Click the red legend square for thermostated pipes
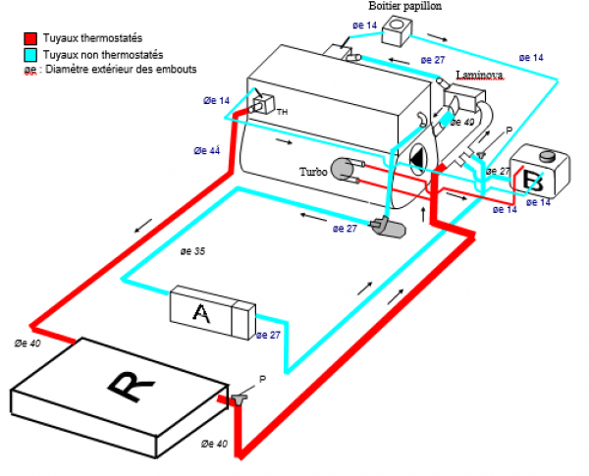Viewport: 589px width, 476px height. pos(30,38)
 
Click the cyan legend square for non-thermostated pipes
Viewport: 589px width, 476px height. pos(30,55)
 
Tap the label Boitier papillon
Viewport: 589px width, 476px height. pos(404,6)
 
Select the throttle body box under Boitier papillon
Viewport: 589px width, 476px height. pos(397,30)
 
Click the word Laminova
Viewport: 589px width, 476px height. pos(480,75)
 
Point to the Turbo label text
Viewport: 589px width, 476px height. pos(313,172)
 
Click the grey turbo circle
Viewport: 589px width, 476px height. pos(343,169)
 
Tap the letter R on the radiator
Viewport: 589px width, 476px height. pos(132,387)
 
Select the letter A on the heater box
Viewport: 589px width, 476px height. pos(201,313)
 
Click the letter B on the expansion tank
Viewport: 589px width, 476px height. pos(533,182)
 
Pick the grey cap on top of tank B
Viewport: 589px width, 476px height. pos(548,155)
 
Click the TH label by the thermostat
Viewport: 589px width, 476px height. pos(282,112)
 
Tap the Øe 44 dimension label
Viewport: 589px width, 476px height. pos(207,151)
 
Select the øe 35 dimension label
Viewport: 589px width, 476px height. pos(192,251)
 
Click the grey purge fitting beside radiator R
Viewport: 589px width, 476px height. pos(239,399)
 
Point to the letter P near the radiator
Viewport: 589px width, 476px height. pos(262,379)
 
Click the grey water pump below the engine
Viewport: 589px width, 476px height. pos(389,227)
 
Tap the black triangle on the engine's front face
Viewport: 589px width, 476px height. pos(416,160)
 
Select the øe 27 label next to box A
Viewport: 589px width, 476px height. pos(268,335)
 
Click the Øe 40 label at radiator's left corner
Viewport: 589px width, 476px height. pos(27,343)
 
